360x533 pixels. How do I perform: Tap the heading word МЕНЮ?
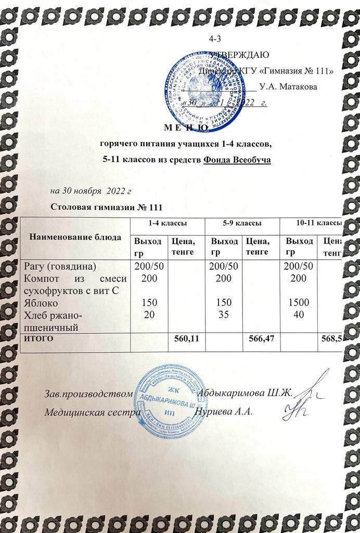pyautogui.click(x=189, y=128)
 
